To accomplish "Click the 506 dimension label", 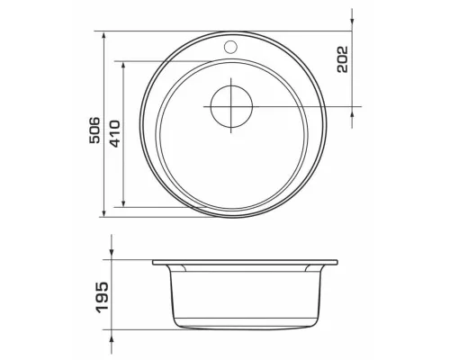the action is click(94, 130).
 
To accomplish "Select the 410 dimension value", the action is click(114, 134).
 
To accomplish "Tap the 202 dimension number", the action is click(342, 59).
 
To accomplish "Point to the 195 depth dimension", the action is click(102, 298).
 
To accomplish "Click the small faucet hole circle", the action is click(230, 47).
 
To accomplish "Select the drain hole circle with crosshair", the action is click(231, 106).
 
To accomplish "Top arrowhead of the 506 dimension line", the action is click(103, 36).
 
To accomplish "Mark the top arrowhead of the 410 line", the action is click(123, 67).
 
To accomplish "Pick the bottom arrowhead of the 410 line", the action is click(123, 202).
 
